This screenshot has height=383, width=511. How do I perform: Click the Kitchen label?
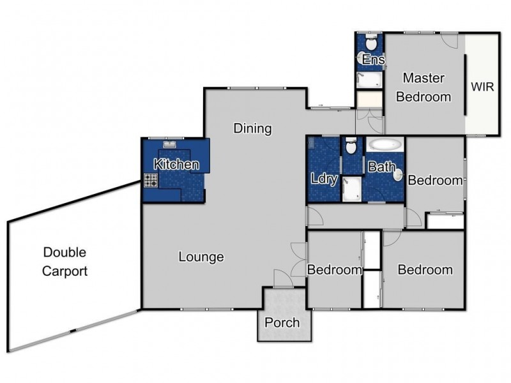(176, 164)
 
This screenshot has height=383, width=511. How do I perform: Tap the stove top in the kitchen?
(151, 180)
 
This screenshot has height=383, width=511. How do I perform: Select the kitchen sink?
(169, 144)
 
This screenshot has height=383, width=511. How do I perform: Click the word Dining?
(252, 128)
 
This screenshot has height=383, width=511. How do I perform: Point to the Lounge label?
(201, 257)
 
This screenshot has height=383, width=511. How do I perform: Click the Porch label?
(282, 322)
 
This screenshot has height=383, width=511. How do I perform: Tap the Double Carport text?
(65, 262)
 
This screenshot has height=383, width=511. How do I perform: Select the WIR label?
(482, 87)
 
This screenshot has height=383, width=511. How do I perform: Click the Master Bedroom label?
(423, 87)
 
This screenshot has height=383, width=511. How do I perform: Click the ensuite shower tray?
(369, 80)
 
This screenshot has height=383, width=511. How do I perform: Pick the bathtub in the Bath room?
(385, 145)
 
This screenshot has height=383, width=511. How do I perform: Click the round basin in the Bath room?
(399, 176)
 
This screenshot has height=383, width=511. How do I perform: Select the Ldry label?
(324, 179)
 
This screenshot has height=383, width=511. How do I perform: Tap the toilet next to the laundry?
(351, 146)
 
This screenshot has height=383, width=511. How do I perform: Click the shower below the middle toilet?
(352, 189)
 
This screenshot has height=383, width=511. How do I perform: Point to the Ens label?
(374, 59)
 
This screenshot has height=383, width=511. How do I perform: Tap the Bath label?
(381, 167)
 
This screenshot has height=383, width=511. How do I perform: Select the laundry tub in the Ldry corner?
(311, 142)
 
